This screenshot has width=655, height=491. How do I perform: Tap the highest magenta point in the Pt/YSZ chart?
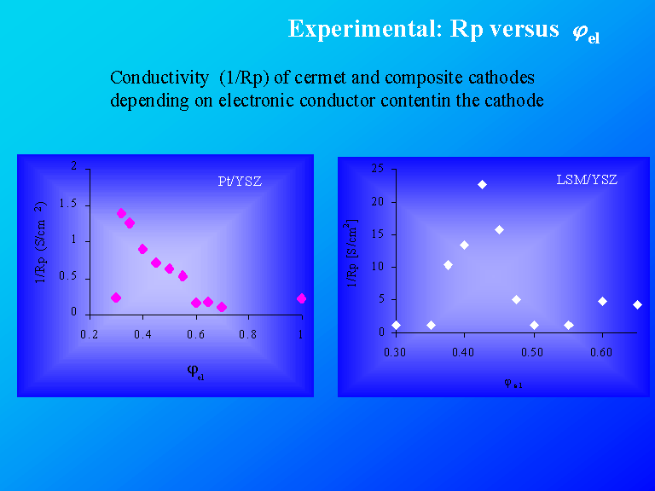click(x=121, y=213)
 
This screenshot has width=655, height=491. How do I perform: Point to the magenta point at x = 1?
click(x=301, y=298)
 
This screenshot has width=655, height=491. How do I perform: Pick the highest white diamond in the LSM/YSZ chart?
click(x=482, y=184)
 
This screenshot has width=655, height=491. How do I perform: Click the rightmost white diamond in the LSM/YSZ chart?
click(x=637, y=304)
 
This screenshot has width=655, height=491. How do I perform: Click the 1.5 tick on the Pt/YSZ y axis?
click(x=69, y=205)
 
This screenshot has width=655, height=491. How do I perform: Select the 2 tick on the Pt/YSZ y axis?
click(x=74, y=167)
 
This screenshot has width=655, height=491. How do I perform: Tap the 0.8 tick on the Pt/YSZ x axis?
click(x=247, y=335)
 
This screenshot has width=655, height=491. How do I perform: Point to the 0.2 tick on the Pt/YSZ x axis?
click(x=90, y=335)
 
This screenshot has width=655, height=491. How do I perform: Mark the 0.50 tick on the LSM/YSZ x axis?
click(x=533, y=351)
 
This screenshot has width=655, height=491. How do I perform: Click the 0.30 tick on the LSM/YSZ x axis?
click(x=395, y=351)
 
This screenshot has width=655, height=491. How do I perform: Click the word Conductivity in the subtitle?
click(x=159, y=78)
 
